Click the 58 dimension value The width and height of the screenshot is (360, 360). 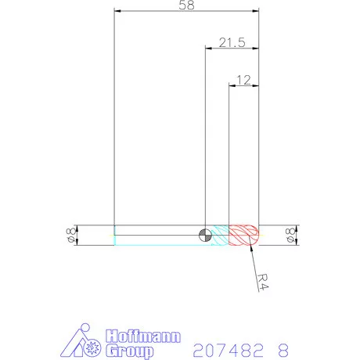pos(186,5)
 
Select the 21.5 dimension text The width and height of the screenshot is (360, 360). pos(232,44)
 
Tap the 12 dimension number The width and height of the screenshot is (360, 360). pos(243,79)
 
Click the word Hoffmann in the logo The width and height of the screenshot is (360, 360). pos(142,337)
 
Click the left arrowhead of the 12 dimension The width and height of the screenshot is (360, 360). pos(230,85)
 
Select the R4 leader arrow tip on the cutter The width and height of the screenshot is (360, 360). pos(250,246)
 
